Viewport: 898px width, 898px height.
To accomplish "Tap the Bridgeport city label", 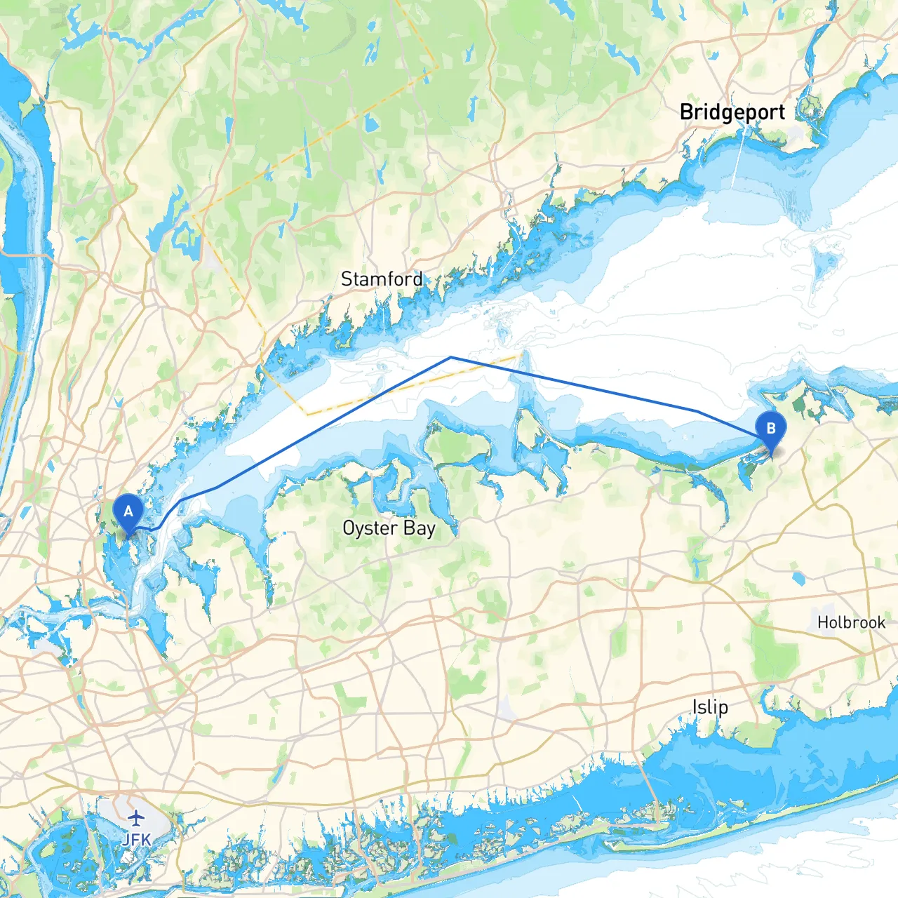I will (x=732, y=112).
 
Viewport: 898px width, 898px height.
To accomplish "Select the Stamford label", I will (x=382, y=279).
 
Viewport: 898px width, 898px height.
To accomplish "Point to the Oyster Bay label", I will (x=389, y=528).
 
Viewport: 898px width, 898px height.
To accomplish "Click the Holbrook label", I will (x=851, y=622).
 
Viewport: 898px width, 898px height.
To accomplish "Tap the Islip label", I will (x=710, y=707).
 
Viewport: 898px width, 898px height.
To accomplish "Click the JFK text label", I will (x=136, y=840).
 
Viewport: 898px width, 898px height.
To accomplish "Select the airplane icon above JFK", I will (x=136, y=818).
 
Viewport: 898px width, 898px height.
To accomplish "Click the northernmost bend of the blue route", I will (x=451, y=357).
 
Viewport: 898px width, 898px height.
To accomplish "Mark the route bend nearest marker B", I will (x=697, y=411).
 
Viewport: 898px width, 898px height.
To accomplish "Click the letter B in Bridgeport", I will (x=687, y=112).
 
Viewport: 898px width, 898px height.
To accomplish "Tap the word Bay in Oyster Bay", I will (x=419, y=528).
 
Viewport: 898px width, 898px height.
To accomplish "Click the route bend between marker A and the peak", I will (x=215, y=488).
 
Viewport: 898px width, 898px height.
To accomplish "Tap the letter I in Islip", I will (x=695, y=707).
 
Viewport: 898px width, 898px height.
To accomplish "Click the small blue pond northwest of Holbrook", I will (x=798, y=579).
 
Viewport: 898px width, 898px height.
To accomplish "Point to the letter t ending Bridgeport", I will (x=782, y=112).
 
